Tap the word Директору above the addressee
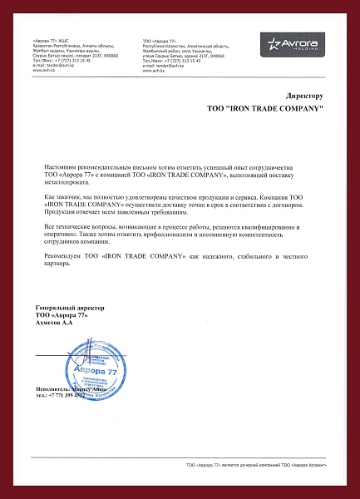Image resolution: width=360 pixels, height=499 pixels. point(303,96)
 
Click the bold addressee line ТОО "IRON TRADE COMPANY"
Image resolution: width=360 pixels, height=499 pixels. point(264,109)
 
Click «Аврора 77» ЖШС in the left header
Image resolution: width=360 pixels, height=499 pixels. point(52,40)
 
